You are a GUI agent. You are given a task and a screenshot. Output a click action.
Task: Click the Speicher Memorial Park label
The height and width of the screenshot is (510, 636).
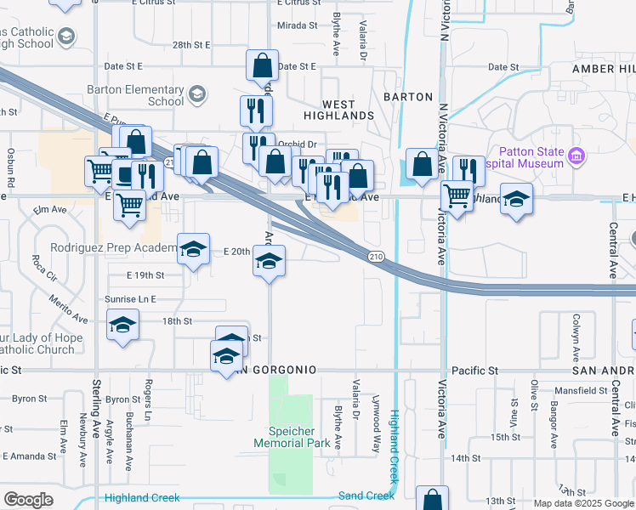point(292,437)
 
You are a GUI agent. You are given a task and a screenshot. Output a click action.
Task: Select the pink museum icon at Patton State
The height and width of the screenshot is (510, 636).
point(577,156)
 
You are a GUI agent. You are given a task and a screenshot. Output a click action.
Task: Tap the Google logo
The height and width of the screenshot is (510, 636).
point(28,500)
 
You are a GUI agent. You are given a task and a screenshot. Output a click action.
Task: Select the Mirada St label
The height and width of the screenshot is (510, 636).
point(298,25)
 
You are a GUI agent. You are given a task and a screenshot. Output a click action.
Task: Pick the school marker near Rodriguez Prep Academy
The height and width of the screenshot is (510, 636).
point(194,249)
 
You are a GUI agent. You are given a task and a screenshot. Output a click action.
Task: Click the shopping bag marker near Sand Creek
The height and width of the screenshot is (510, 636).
point(433,499)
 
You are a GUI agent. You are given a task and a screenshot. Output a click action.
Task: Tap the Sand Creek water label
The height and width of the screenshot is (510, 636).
point(366,496)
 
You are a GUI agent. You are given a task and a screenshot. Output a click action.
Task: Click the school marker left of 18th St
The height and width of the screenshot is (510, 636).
point(122,325)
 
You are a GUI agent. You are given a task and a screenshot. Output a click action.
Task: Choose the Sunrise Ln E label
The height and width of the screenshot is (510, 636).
point(131,299)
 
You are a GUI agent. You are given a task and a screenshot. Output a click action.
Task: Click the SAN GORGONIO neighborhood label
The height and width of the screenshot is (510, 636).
point(275,371)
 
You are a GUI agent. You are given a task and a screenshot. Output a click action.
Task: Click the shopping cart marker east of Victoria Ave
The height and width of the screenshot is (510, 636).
point(457,196)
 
